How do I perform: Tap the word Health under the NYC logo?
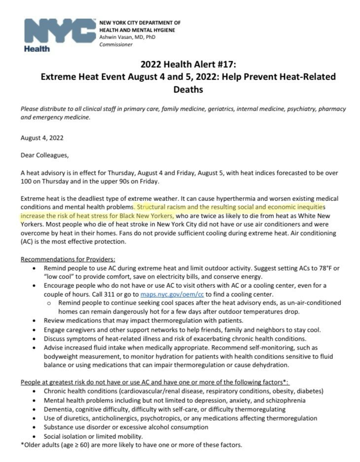[x=36, y=49]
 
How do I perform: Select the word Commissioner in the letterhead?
[x=116, y=44]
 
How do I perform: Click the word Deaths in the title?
[x=188, y=90]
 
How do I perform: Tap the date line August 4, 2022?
[x=42, y=138]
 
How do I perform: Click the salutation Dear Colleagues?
[x=45, y=155]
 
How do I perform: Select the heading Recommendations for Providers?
[x=68, y=259]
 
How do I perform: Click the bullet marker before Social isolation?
[x=33, y=437]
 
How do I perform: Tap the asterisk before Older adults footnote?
[x=22, y=445]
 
